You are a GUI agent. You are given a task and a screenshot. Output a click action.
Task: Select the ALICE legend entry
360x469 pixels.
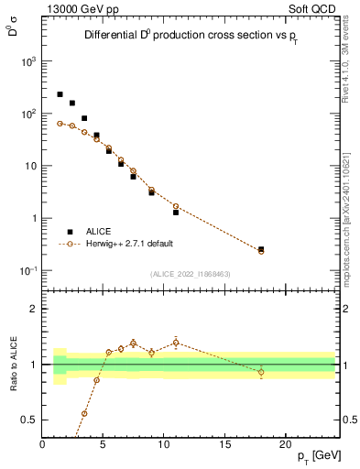coord(98,232)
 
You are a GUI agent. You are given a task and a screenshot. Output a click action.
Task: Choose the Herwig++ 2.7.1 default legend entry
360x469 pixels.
coord(128,244)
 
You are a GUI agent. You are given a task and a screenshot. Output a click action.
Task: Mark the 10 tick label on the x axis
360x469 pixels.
coord(164,443)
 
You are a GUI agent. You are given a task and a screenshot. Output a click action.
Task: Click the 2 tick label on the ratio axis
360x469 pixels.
coord(32,309)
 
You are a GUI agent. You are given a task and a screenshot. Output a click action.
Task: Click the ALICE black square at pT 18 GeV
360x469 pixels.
coord(261,248)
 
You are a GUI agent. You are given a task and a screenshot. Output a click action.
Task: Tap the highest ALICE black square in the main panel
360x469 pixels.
coord(60,94)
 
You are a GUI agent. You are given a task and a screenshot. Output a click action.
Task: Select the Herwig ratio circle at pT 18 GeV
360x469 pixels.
coord(261,372)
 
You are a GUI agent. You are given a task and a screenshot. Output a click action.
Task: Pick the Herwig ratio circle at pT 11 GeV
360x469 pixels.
coord(176,343)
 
